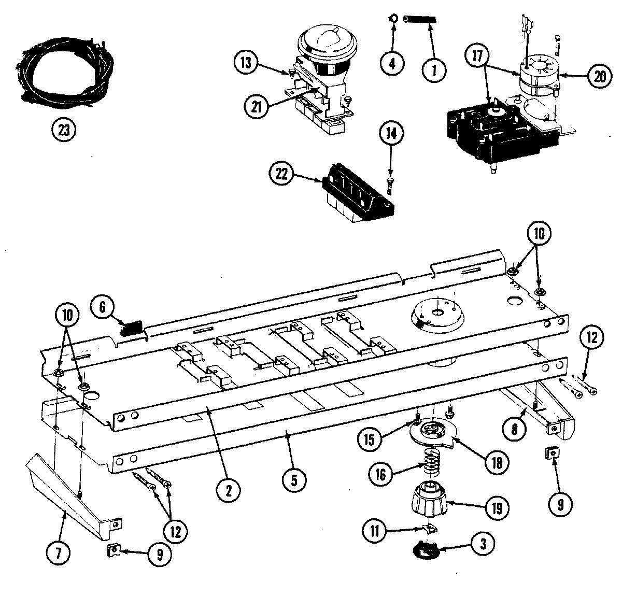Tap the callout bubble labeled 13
pos(246,63)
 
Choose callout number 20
pos(599,76)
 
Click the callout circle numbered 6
pos(102,308)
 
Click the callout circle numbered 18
pos(496,463)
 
